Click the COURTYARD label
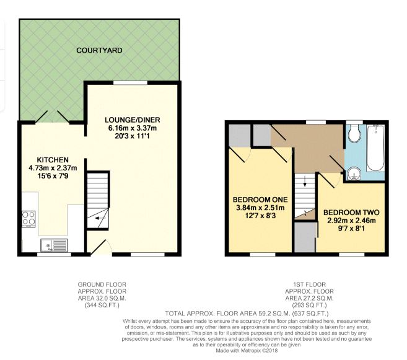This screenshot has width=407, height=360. tap(99, 50)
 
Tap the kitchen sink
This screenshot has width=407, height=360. tap(54, 245)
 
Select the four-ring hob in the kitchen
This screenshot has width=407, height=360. tap(28, 219)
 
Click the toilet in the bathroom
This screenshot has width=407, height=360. tap(354, 133)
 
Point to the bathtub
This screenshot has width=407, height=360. tap(375, 148)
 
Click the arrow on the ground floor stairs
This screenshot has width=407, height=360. tap(99, 218)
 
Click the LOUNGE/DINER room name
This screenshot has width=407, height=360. tap(133, 120)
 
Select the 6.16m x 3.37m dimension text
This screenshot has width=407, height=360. tap(133, 128)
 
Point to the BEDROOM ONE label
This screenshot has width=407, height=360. tap(260, 200)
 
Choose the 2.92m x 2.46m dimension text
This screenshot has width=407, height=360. tap(351, 221)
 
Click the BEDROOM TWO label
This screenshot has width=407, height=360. tap(351, 213)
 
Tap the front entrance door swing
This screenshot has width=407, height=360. tap(101, 247)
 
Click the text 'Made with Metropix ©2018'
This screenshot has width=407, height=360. tap(247, 351)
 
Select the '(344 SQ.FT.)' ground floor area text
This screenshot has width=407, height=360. tap(102, 305)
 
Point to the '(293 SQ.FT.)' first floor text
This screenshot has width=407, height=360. tap(309, 305)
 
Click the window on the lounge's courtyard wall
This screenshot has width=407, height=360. tap(130, 83)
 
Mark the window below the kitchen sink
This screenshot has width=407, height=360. tap(54, 255)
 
